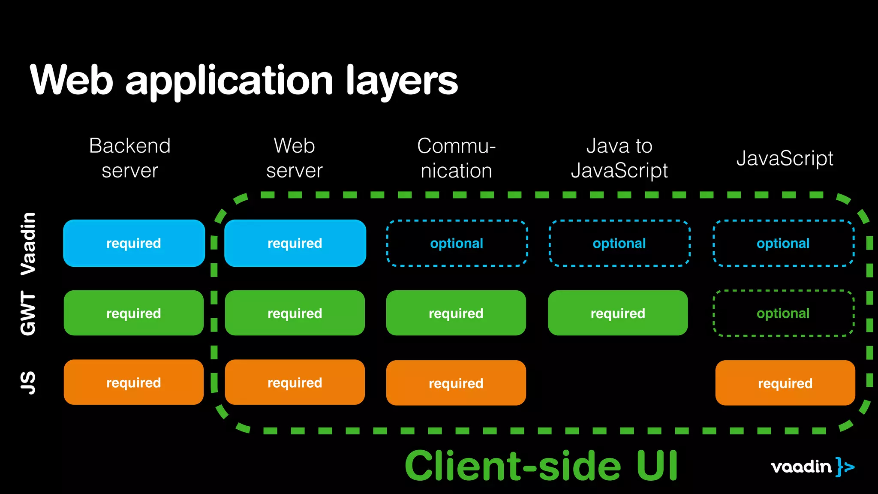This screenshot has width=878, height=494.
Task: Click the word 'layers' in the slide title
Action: [402, 81]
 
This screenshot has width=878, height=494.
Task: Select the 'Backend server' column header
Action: [130, 158]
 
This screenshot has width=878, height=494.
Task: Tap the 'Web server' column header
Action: [295, 158]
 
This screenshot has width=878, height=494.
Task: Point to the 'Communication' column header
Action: [456, 158]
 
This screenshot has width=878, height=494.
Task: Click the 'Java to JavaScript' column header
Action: [619, 158]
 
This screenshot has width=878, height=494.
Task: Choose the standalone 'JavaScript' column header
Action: [785, 158]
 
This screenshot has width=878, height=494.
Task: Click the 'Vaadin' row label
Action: [28, 244]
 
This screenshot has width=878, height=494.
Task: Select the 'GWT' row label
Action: [28, 313]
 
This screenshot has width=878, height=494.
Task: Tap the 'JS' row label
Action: [28, 383]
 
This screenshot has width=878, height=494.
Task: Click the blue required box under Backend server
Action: [134, 243]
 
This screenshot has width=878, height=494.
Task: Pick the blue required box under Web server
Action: [295, 243]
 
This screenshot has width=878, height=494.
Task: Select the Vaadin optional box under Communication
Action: [457, 243]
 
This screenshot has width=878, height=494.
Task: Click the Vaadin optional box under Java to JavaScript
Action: [619, 243]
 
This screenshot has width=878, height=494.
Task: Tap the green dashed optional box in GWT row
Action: [783, 313]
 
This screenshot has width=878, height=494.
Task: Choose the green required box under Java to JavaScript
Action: [618, 313]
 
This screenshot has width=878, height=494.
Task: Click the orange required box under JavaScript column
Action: [785, 383]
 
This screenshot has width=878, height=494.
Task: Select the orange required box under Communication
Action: [456, 383]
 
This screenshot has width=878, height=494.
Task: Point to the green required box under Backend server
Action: [134, 313]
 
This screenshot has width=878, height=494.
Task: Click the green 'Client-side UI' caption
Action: [541, 466]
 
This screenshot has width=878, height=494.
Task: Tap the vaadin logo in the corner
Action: [812, 467]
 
